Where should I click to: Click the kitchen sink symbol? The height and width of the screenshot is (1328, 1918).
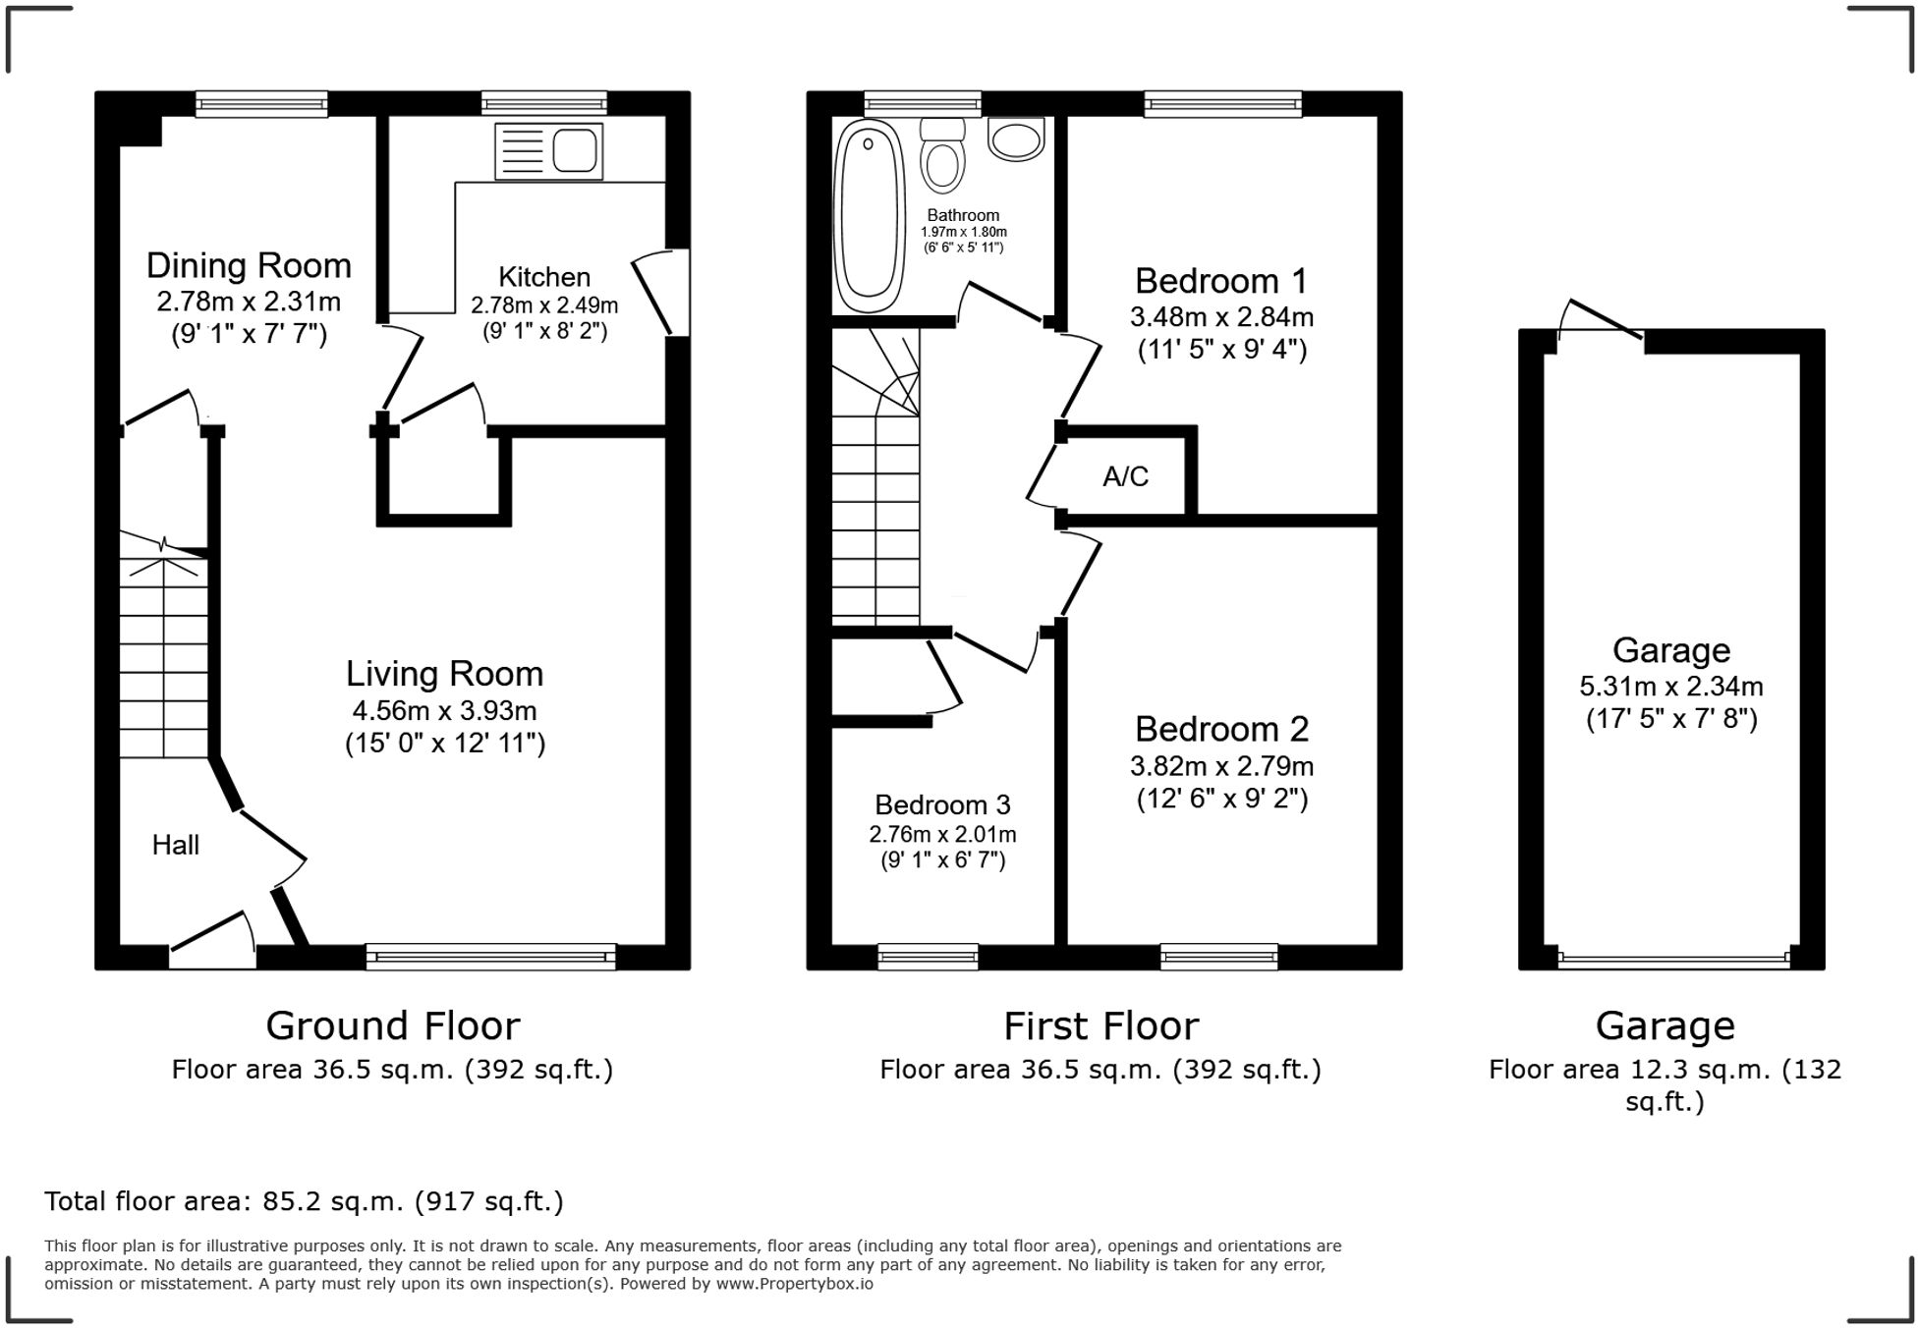[x=548, y=151]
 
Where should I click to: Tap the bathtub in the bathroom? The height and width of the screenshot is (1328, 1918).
[x=869, y=215]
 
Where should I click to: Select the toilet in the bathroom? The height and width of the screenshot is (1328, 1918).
[x=943, y=157]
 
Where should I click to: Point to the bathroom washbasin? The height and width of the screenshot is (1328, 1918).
[x=1016, y=139]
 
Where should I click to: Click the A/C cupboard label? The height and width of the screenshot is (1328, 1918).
[x=1125, y=476]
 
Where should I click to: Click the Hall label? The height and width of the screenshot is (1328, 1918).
[x=175, y=845]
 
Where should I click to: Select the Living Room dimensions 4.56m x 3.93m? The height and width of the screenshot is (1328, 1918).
[x=444, y=710]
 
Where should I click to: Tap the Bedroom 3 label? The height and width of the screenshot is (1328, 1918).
[x=942, y=804]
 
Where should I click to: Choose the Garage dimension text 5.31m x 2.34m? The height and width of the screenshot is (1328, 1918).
[x=1670, y=687]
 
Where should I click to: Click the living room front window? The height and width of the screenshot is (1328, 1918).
[x=490, y=956]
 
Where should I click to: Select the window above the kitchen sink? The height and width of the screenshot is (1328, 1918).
[x=543, y=103]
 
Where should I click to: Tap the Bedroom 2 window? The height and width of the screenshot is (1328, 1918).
[x=1218, y=956]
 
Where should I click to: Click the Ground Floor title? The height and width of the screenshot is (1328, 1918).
[x=392, y=1025]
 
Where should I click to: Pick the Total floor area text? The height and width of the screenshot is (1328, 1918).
[x=304, y=1200]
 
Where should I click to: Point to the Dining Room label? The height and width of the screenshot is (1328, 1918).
[x=249, y=265]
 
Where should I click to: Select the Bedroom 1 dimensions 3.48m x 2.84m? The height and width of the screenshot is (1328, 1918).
[x=1221, y=317]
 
